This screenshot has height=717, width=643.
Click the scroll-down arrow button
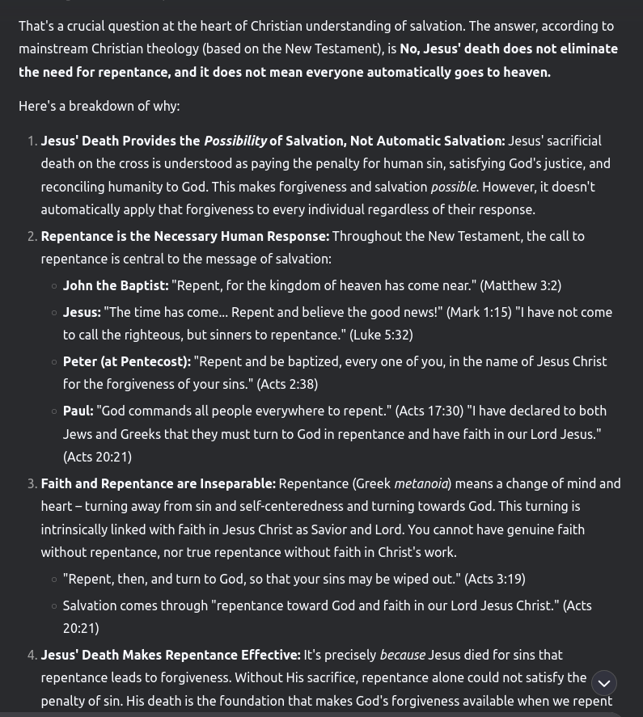click(603, 683)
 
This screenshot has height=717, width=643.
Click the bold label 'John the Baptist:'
click(116, 285)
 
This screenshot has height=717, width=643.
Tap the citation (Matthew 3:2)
click(520, 285)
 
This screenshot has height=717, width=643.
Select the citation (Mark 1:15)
click(479, 312)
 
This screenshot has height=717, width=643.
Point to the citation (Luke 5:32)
click(381, 335)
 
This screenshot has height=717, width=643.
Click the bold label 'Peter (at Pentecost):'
click(127, 361)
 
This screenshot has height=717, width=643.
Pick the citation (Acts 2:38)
click(287, 384)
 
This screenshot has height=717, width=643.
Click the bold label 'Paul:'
click(78, 411)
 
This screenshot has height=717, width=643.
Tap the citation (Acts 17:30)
click(429, 411)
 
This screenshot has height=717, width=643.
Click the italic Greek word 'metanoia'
click(421, 483)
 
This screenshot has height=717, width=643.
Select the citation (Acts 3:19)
click(494, 579)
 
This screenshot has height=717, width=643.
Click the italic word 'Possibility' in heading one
click(235, 141)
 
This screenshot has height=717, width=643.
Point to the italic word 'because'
click(402, 655)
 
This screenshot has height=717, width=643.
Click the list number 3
click(32, 483)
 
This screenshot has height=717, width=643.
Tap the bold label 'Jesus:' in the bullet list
click(82, 312)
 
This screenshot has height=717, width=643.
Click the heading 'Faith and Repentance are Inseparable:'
click(159, 483)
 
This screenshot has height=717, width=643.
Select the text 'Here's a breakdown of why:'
click(99, 106)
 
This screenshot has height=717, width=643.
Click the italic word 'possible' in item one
click(453, 187)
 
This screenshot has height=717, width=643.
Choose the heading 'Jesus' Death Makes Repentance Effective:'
click(171, 655)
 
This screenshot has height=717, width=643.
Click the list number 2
click(32, 236)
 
